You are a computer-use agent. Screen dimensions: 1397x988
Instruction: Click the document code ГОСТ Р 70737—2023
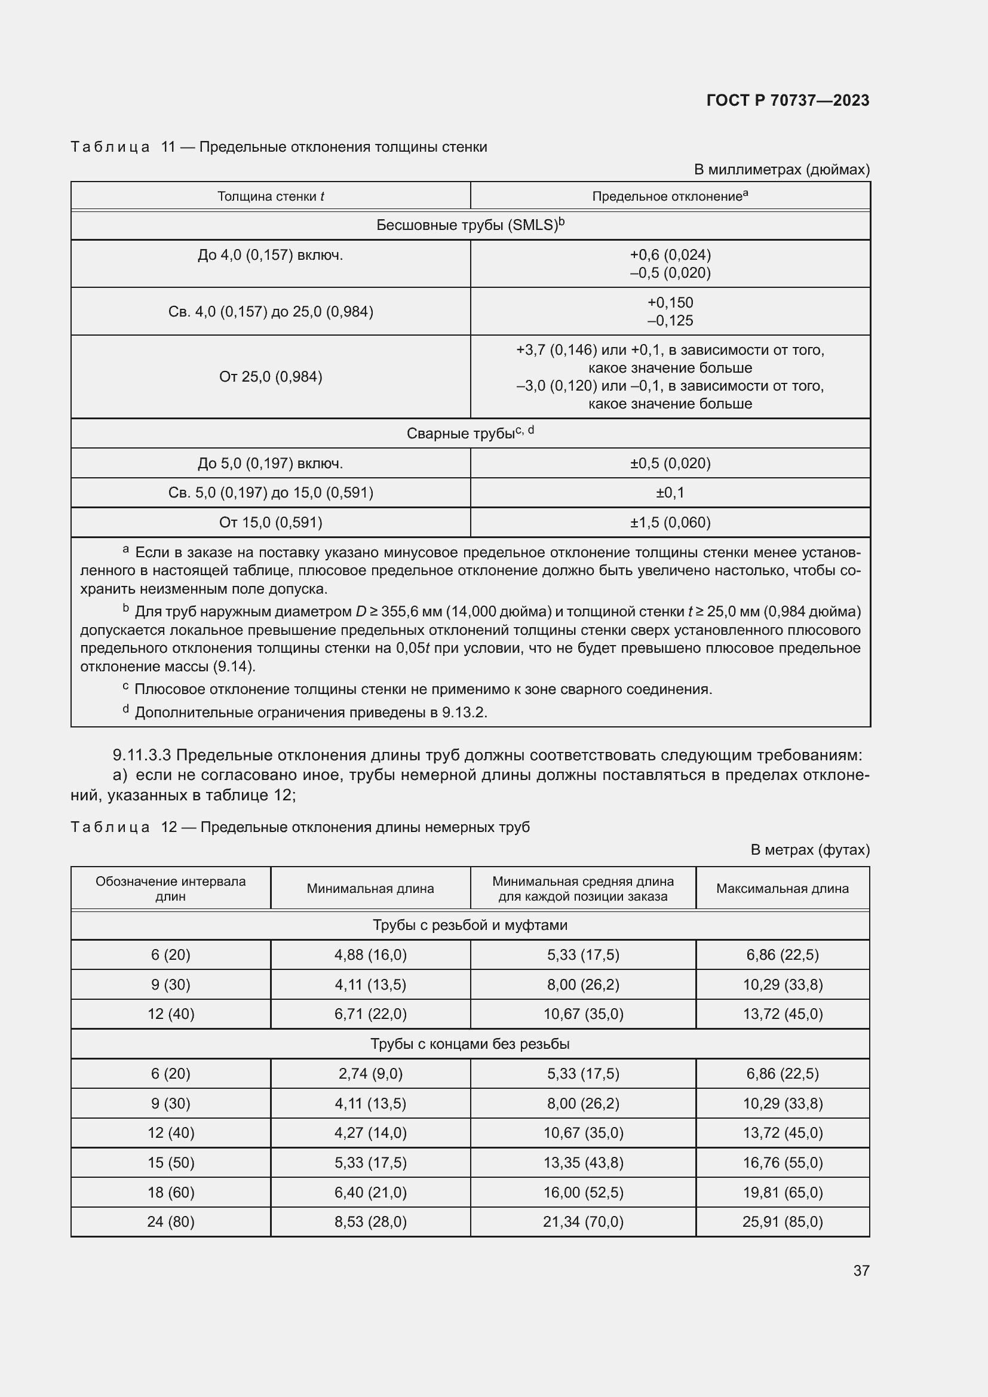pyautogui.click(x=787, y=100)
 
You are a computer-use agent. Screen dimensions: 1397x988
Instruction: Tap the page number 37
pyautogui.click(x=861, y=1270)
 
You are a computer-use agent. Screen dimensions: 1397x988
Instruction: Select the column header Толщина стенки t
pyautogui.click(x=271, y=196)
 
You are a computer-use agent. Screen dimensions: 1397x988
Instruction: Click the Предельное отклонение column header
pyautogui.click(x=669, y=196)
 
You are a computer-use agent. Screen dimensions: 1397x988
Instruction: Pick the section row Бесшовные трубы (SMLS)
pyautogui.click(x=470, y=225)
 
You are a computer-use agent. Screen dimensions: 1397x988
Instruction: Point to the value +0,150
pyautogui.click(x=670, y=302)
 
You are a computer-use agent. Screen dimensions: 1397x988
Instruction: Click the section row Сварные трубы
pyautogui.click(x=470, y=433)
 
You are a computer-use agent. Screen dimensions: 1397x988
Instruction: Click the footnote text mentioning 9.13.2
pyautogui.click(x=310, y=712)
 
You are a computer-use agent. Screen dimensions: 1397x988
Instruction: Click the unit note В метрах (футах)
pyautogui.click(x=809, y=849)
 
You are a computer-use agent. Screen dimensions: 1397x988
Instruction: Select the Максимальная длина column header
pyautogui.click(x=782, y=888)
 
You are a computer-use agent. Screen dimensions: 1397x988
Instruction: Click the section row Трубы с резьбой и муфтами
pyautogui.click(x=470, y=925)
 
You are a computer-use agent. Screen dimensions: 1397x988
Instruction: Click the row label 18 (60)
pyautogui.click(x=170, y=1192)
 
